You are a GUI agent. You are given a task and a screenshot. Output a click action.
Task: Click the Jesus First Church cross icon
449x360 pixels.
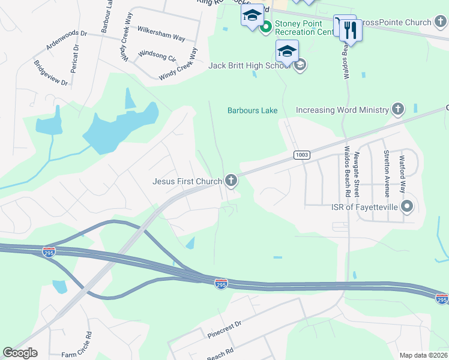[x=231, y=181]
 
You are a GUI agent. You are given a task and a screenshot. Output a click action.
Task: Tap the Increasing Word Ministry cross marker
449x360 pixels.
[x=397, y=110]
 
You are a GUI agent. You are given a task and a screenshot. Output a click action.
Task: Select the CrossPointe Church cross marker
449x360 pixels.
[x=441, y=23]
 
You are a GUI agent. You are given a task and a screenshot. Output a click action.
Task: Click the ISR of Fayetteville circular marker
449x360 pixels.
[x=408, y=208]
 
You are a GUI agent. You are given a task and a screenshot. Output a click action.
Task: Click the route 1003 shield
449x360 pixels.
[x=301, y=155]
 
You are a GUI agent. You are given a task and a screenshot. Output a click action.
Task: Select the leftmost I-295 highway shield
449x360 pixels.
[x=49, y=252]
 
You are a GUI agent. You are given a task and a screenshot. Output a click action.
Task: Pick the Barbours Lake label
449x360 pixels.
[x=252, y=110]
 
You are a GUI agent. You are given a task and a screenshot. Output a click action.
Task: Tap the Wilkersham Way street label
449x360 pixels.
[x=161, y=33]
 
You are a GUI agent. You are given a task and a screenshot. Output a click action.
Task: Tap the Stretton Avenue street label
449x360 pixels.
[x=387, y=173]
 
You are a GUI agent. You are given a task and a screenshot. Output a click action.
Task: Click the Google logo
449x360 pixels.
[x=20, y=353]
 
